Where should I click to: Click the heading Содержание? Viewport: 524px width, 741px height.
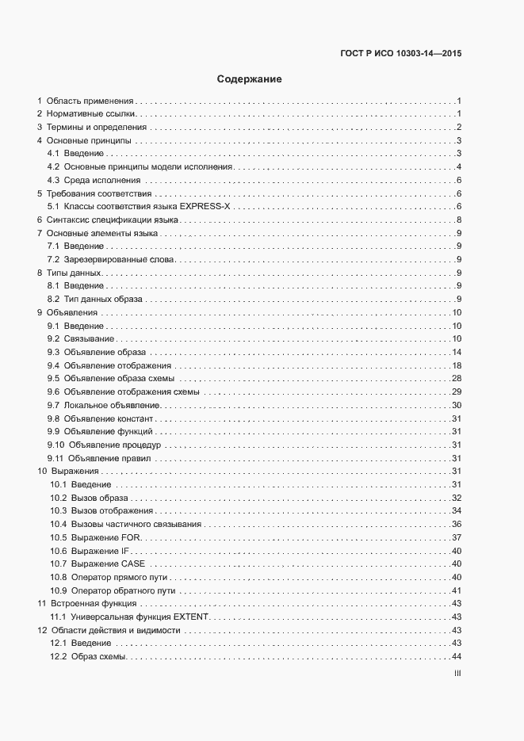(250, 79)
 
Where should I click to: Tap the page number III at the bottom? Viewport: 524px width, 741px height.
(457, 674)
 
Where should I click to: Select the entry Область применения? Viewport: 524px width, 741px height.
(90, 101)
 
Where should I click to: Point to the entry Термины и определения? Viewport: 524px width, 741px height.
(96, 128)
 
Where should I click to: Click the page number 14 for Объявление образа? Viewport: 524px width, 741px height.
(457, 352)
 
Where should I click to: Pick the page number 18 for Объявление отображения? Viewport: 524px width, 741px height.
(457, 365)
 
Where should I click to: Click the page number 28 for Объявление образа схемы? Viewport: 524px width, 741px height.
(457, 379)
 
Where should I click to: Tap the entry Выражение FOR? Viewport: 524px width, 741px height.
(106, 537)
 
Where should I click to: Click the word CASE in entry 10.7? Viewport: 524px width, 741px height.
(133, 563)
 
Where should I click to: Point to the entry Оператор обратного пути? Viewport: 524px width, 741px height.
(123, 590)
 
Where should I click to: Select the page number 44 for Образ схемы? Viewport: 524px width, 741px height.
(457, 656)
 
